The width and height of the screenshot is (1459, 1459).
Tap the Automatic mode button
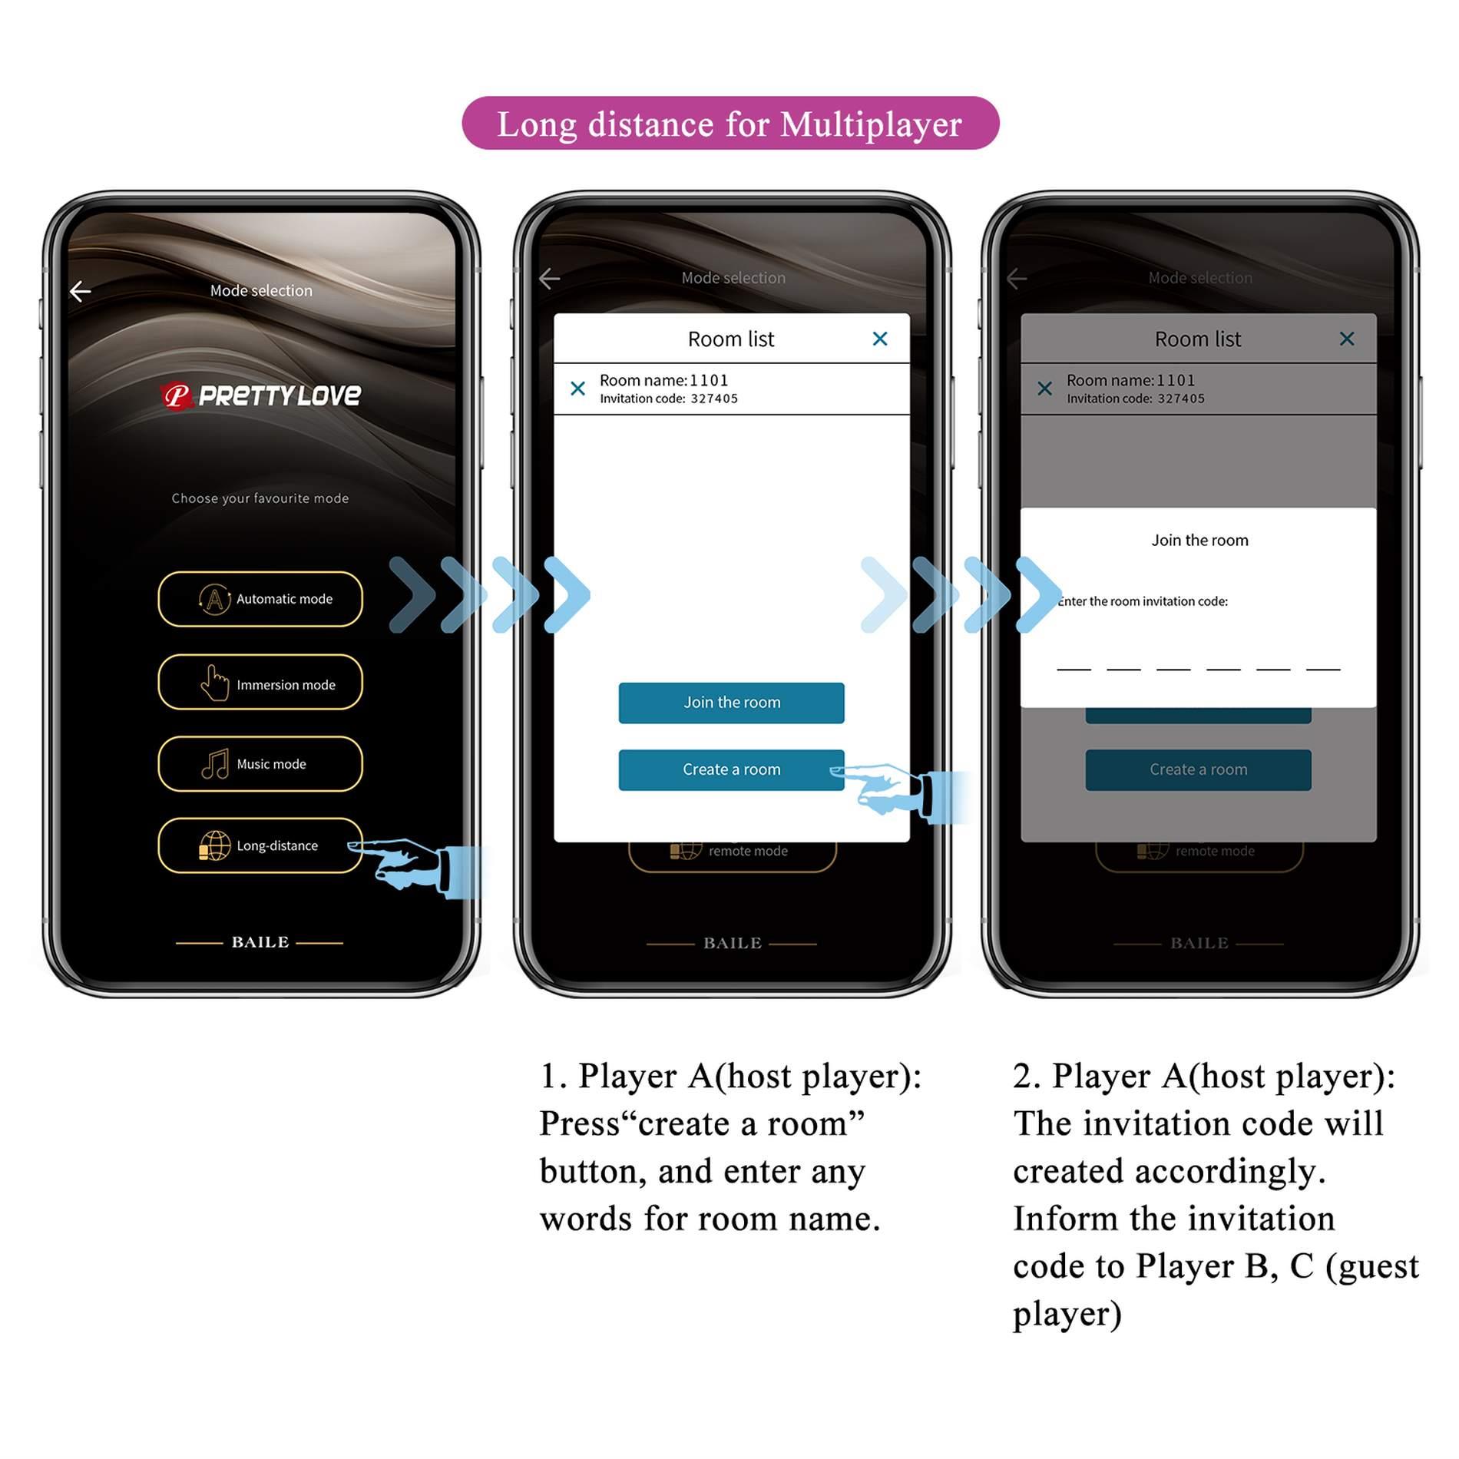(x=260, y=599)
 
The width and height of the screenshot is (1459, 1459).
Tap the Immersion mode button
(x=260, y=683)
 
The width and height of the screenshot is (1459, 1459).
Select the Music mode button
(x=260, y=764)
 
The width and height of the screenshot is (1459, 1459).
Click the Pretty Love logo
(x=261, y=395)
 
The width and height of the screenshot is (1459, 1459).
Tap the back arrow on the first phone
(x=81, y=291)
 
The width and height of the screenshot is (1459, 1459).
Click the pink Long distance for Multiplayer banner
(x=729, y=124)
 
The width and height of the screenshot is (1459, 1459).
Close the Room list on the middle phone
(x=880, y=339)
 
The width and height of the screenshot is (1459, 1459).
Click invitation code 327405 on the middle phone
(x=713, y=399)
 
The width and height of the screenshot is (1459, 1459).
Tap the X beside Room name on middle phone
(x=578, y=389)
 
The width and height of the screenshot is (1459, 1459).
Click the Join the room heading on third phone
(x=1199, y=541)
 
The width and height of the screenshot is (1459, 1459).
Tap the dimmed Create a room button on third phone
(x=1198, y=769)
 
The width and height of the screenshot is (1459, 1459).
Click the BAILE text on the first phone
(x=260, y=942)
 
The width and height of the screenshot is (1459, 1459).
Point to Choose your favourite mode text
(x=260, y=498)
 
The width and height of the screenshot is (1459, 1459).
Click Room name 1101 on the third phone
(x=1130, y=380)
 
